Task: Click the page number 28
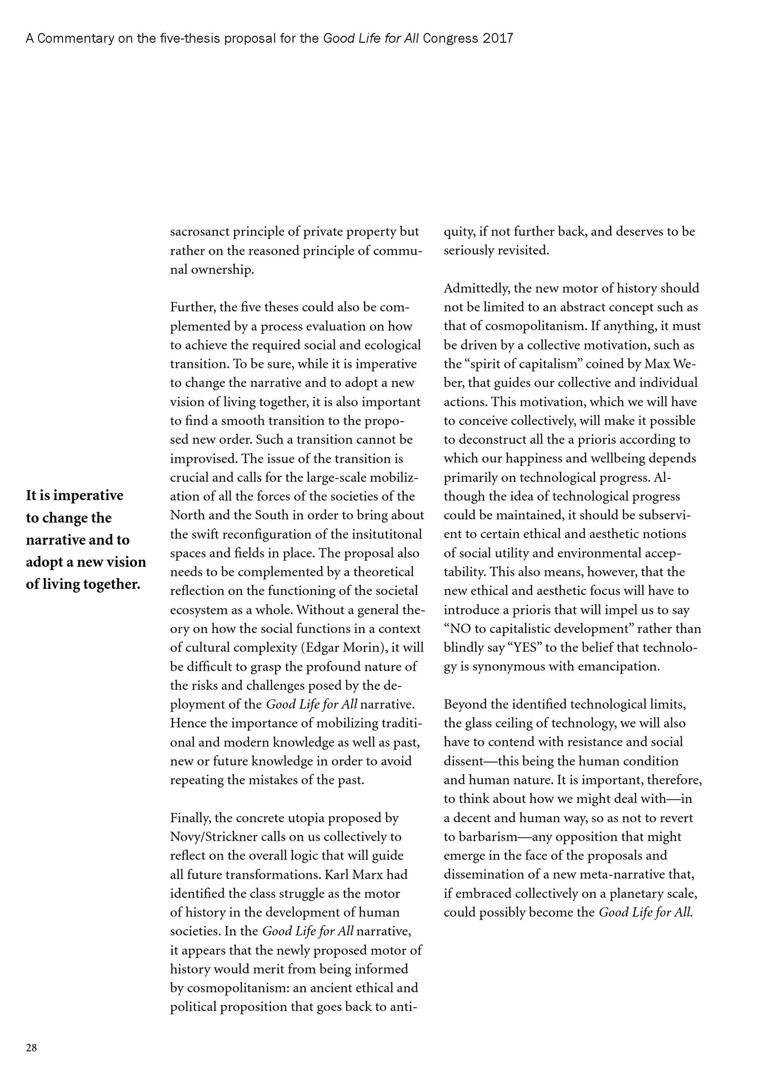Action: point(31,1048)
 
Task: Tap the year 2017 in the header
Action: point(498,38)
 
